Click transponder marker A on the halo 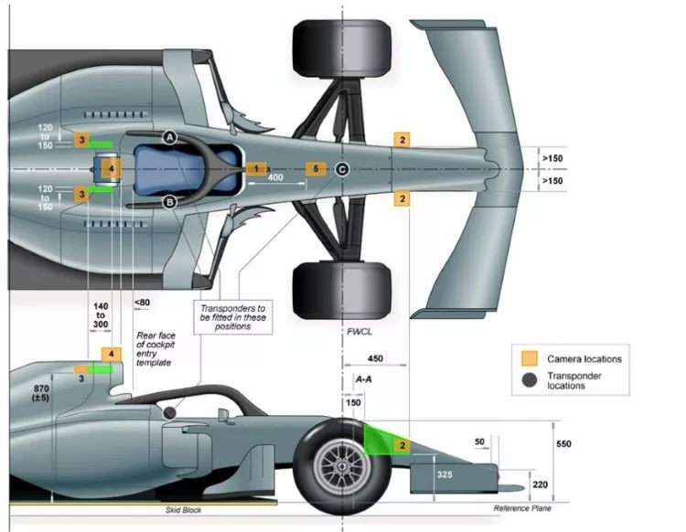pyautogui.click(x=170, y=136)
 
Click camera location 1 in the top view pyautogui.click(x=257, y=169)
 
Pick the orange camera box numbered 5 pyautogui.click(x=316, y=169)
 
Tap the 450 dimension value pyautogui.click(x=375, y=358)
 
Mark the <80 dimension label pyautogui.click(x=142, y=303)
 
